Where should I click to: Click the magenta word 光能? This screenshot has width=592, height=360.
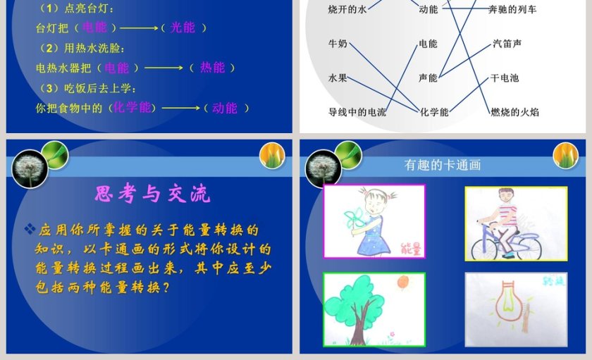point(183,27)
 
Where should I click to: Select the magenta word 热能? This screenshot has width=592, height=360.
point(213,68)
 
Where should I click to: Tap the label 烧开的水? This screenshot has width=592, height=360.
point(347,9)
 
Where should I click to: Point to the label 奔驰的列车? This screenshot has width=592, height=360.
point(512,9)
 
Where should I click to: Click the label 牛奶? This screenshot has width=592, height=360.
point(338,44)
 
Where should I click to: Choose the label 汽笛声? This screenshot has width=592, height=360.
point(507,44)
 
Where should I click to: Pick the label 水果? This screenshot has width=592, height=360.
point(338,77)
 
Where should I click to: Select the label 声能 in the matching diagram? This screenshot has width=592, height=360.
point(428,77)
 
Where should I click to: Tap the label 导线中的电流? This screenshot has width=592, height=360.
point(357,111)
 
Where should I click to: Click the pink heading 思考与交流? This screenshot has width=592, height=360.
point(152,194)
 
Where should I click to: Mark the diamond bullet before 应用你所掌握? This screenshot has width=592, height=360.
point(30,229)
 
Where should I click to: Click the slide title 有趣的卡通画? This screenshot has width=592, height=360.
point(443,165)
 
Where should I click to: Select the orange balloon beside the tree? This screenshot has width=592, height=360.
point(402,283)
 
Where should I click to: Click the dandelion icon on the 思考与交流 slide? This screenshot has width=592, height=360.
point(30,168)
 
